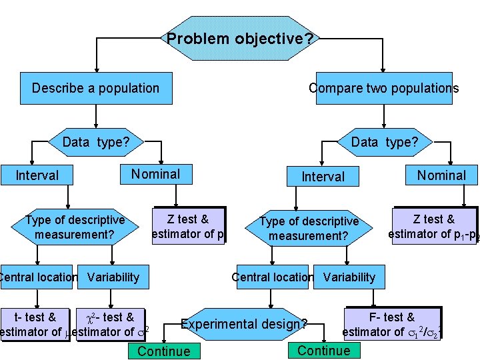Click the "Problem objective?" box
click(x=239, y=39)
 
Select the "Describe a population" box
click(x=95, y=88)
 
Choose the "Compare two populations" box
click(x=383, y=88)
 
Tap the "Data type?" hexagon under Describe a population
click(x=95, y=141)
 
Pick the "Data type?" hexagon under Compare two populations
click(x=384, y=141)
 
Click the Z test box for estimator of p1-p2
click(x=434, y=226)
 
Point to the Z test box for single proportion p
click(x=188, y=226)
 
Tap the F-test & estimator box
click(x=392, y=324)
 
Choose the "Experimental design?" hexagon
click(x=245, y=325)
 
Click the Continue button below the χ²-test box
click(x=163, y=351)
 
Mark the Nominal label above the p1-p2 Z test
click(x=441, y=175)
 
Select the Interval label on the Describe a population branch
click(x=37, y=175)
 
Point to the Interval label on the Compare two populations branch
click(x=323, y=177)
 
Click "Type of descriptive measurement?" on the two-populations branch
click(x=309, y=228)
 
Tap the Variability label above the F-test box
click(x=349, y=277)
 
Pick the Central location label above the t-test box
click(x=39, y=277)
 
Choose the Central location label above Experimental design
click(x=272, y=277)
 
